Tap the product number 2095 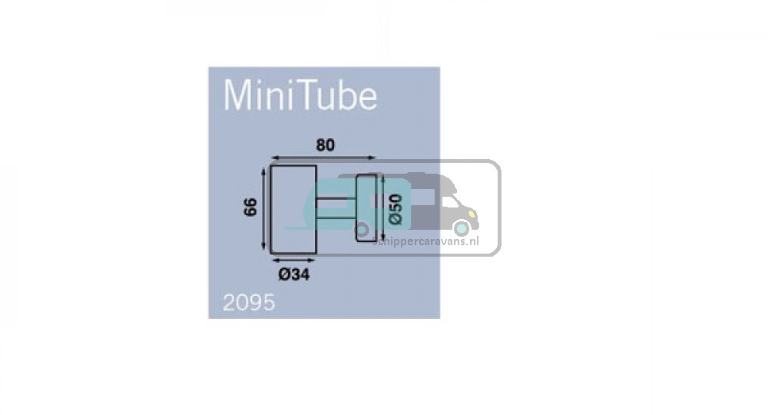[x=249, y=303]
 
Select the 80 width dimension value [x=325, y=145]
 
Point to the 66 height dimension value [x=250, y=207]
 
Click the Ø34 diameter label [x=294, y=275]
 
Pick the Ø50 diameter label [x=396, y=210]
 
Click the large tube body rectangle [x=293, y=210]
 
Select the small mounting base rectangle [x=366, y=207]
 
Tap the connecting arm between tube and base [x=336, y=207]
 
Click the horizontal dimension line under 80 [x=323, y=158]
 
